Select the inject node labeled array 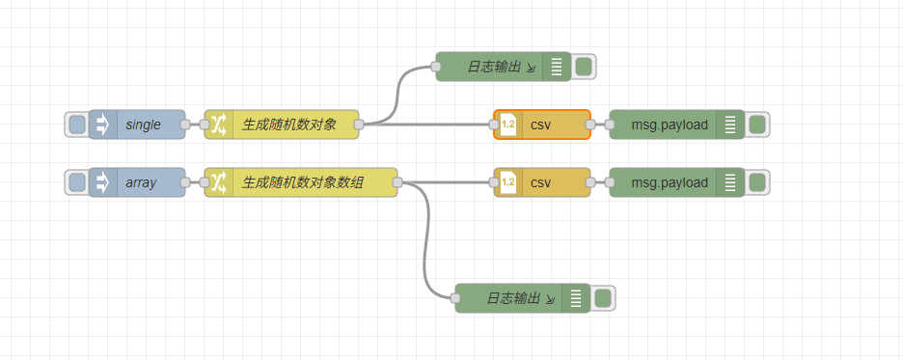click(141, 182)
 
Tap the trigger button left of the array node click(76, 182)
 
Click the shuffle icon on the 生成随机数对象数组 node click(219, 182)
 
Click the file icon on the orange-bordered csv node click(508, 125)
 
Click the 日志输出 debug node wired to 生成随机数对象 click(492, 67)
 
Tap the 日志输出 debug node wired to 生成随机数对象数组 click(511, 298)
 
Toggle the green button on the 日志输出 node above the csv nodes click(584, 67)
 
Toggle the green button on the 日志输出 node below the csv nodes click(603, 298)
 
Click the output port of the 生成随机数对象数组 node click(397, 182)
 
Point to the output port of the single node click(185, 125)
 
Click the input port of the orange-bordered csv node click(494, 125)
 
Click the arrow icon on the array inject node click(103, 182)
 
